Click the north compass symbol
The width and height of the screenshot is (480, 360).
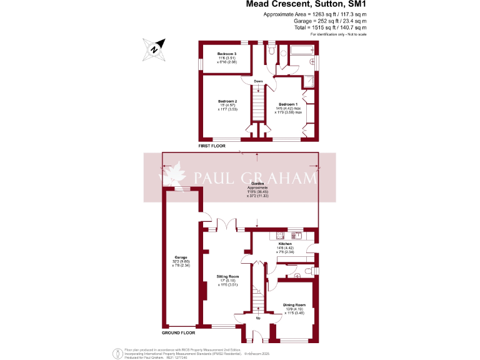[x=155, y=48]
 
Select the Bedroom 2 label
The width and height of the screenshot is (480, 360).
[x=227, y=101]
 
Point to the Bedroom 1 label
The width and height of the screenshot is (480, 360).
[x=287, y=104]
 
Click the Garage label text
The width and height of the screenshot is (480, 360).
[x=181, y=257]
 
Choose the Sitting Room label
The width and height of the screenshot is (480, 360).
[x=228, y=276]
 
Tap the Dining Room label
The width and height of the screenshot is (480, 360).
[x=294, y=304]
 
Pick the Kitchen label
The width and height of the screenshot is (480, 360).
[x=294, y=244]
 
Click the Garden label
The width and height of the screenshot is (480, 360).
[x=257, y=183]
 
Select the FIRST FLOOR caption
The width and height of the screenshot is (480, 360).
[x=212, y=146]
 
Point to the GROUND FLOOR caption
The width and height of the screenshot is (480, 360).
[x=180, y=331]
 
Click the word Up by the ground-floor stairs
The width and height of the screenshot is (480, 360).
[x=259, y=317]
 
